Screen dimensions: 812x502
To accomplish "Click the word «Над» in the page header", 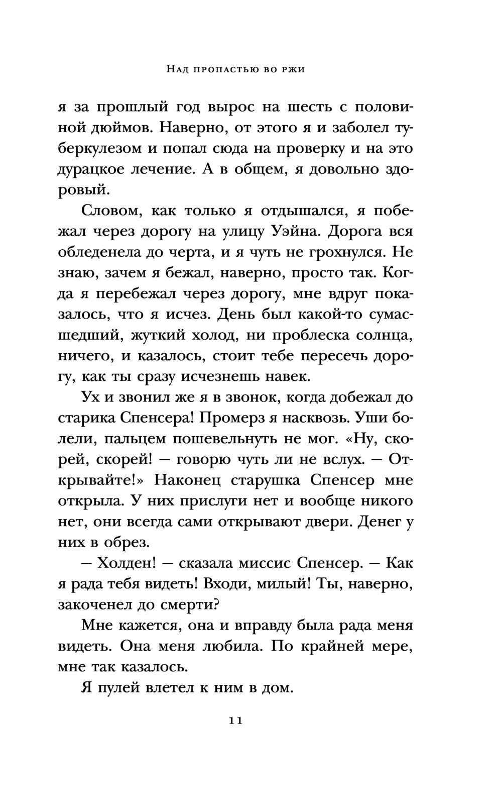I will (x=178, y=69).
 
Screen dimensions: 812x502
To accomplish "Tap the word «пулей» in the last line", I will (x=117, y=688).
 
